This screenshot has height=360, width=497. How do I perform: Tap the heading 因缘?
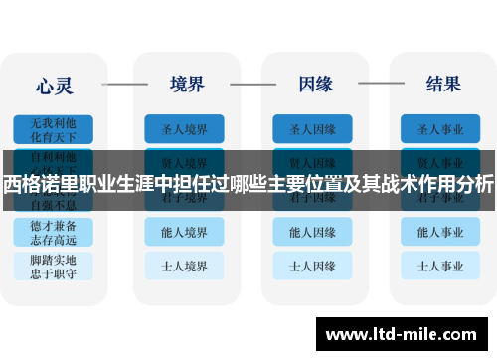314,84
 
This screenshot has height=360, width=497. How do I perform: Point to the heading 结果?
442,84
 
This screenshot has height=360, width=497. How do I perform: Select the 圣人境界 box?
184,128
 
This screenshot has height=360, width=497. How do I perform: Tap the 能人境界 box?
184,232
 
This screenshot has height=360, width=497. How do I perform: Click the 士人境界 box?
184,266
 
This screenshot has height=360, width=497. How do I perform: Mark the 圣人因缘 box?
313,128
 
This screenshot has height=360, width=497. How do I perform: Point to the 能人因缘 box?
313,232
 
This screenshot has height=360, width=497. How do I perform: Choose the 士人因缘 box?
313,266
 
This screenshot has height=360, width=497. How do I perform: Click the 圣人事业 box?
442,128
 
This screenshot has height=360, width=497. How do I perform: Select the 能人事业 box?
442,232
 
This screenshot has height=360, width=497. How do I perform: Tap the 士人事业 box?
442,266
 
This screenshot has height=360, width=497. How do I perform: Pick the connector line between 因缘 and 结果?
379,84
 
